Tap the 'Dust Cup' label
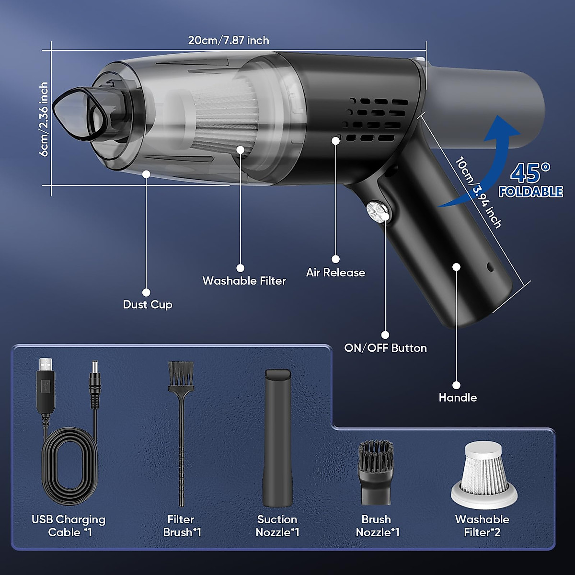148,305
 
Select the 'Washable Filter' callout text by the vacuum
244,281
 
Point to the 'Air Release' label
335,273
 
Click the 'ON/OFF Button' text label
385,348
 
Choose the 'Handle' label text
458,397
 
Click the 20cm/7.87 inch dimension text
229,40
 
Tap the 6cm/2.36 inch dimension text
44,119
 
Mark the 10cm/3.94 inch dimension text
478,193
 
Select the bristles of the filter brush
181,374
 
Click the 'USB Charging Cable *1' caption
69,526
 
